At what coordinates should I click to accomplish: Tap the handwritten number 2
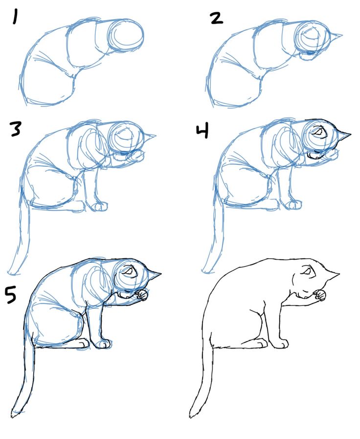(x=216, y=18)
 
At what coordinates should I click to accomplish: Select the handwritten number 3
(x=16, y=129)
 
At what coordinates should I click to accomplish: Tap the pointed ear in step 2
(x=336, y=35)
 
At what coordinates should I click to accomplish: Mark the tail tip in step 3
(x=11, y=270)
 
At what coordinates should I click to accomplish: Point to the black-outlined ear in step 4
(x=345, y=133)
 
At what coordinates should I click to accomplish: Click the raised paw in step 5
(x=142, y=295)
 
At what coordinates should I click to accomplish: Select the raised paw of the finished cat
(x=320, y=295)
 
